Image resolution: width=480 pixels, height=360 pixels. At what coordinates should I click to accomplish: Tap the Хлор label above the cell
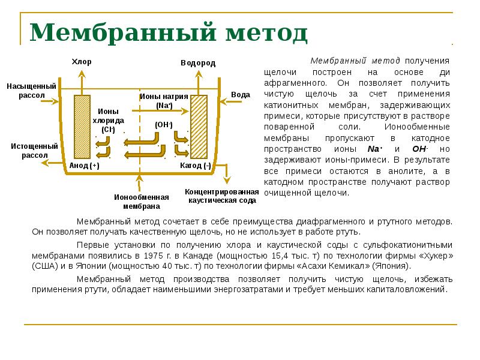tap(82, 62)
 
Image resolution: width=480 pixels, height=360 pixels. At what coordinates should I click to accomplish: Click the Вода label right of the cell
tap(241, 95)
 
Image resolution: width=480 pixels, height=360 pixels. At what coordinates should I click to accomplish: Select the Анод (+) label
tap(83, 166)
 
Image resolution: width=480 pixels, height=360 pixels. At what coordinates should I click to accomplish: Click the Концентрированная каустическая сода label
tap(223, 196)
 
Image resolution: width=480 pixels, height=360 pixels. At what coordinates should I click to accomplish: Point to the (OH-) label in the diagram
tap(163, 124)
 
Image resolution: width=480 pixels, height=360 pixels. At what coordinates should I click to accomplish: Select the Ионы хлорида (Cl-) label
tap(108, 120)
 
